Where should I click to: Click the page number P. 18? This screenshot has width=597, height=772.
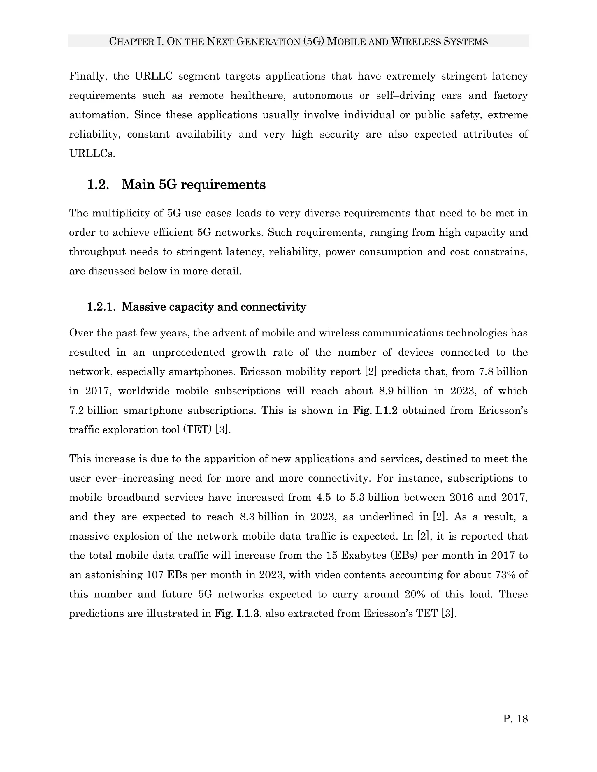pyautogui.click(x=515, y=719)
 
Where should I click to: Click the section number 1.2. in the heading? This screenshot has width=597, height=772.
pyautogui.click(x=98, y=185)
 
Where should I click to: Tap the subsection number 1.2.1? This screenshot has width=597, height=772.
pyautogui.click(x=101, y=307)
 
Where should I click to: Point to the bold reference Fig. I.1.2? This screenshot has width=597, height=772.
pyautogui.click(x=375, y=410)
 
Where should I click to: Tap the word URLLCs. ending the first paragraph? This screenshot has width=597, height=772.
pyautogui.click(x=92, y=154)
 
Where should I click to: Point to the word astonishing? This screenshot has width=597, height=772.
pyautogui.click(x=113, y=575)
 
